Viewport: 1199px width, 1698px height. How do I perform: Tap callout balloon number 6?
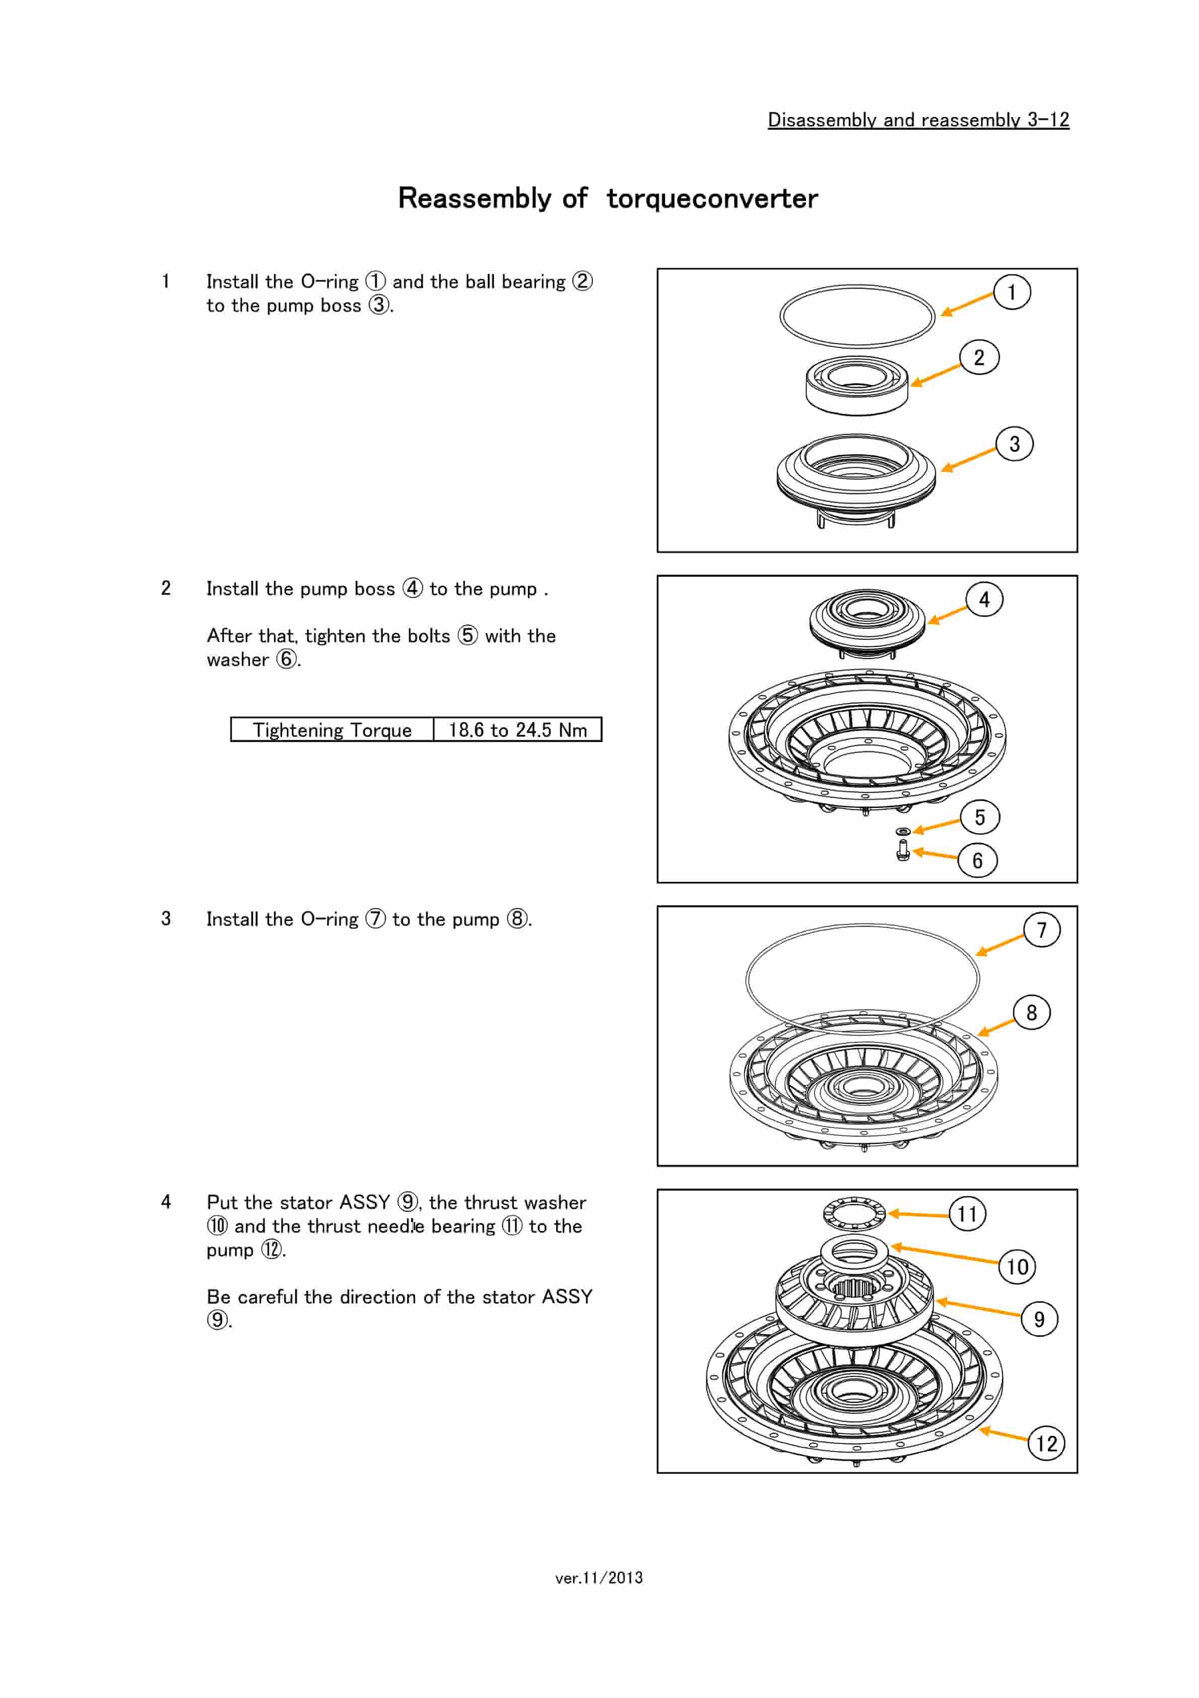coord(977,860)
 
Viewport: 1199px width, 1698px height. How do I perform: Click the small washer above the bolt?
coord(903,831)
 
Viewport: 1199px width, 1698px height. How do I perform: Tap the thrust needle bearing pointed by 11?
coord(854,1213)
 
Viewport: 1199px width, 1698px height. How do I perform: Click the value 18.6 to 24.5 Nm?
coord(517,730)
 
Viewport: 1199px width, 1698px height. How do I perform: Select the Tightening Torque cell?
coord(332,730)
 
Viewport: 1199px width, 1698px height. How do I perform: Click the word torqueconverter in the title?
coord(712,198)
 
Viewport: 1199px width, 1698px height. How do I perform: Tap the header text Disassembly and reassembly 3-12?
coord(918,120)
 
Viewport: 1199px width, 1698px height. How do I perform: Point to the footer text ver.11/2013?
coord(599,1578)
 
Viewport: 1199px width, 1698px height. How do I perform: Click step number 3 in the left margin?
coord(166,919)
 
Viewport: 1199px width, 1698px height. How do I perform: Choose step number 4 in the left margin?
coord(166,1202)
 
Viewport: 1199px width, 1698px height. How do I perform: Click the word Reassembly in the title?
coord(474,198)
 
